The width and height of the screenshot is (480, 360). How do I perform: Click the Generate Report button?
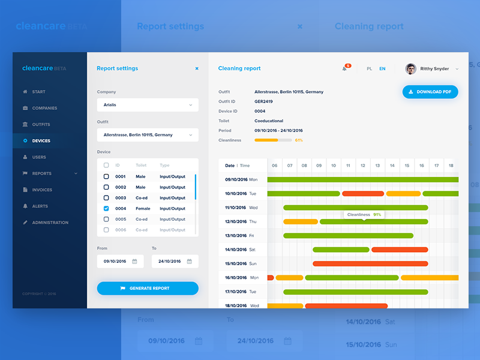tap(148, 289)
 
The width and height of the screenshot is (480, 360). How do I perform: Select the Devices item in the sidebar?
tap(41, 141)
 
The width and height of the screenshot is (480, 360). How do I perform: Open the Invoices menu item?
tap(41, 190)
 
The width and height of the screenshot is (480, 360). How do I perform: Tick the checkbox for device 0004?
tap(106, 209)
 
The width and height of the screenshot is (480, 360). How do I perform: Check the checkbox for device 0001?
tap(106, 176)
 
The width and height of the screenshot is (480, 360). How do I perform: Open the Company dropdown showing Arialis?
tap(148, 105)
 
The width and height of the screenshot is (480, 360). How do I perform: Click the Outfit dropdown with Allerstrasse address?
tap(148, 135)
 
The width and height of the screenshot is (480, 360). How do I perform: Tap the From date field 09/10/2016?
tap(120, 262)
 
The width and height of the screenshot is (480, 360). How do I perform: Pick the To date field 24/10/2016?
tap(175, 262)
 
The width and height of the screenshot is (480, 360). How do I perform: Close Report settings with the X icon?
tap(197, 68)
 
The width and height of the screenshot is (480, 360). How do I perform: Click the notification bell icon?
tap(344, 69)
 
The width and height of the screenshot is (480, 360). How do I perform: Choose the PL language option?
tap(370, 69)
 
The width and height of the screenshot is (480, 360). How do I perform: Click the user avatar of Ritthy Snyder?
tap(411, 69)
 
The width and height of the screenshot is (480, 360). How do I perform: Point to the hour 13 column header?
tap(377, 165)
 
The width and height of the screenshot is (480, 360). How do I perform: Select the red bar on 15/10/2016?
tap(370, 263)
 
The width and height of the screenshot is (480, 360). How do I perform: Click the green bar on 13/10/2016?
tap(348, 236)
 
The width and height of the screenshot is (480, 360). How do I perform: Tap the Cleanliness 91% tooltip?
tap(364, 214)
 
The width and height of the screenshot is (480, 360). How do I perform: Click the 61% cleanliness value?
tap(299, 140)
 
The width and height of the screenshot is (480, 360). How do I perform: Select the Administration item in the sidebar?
tap(50, 223)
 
